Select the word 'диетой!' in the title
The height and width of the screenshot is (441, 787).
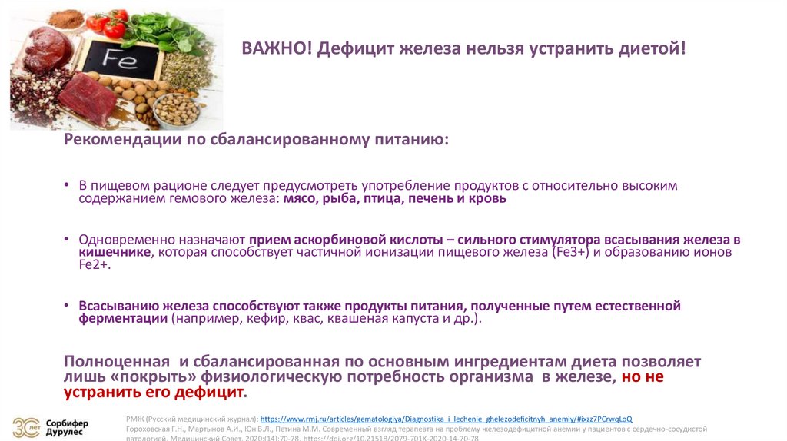652,49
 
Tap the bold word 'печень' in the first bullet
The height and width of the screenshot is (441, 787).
419,198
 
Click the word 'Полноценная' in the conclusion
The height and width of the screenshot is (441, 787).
116,361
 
